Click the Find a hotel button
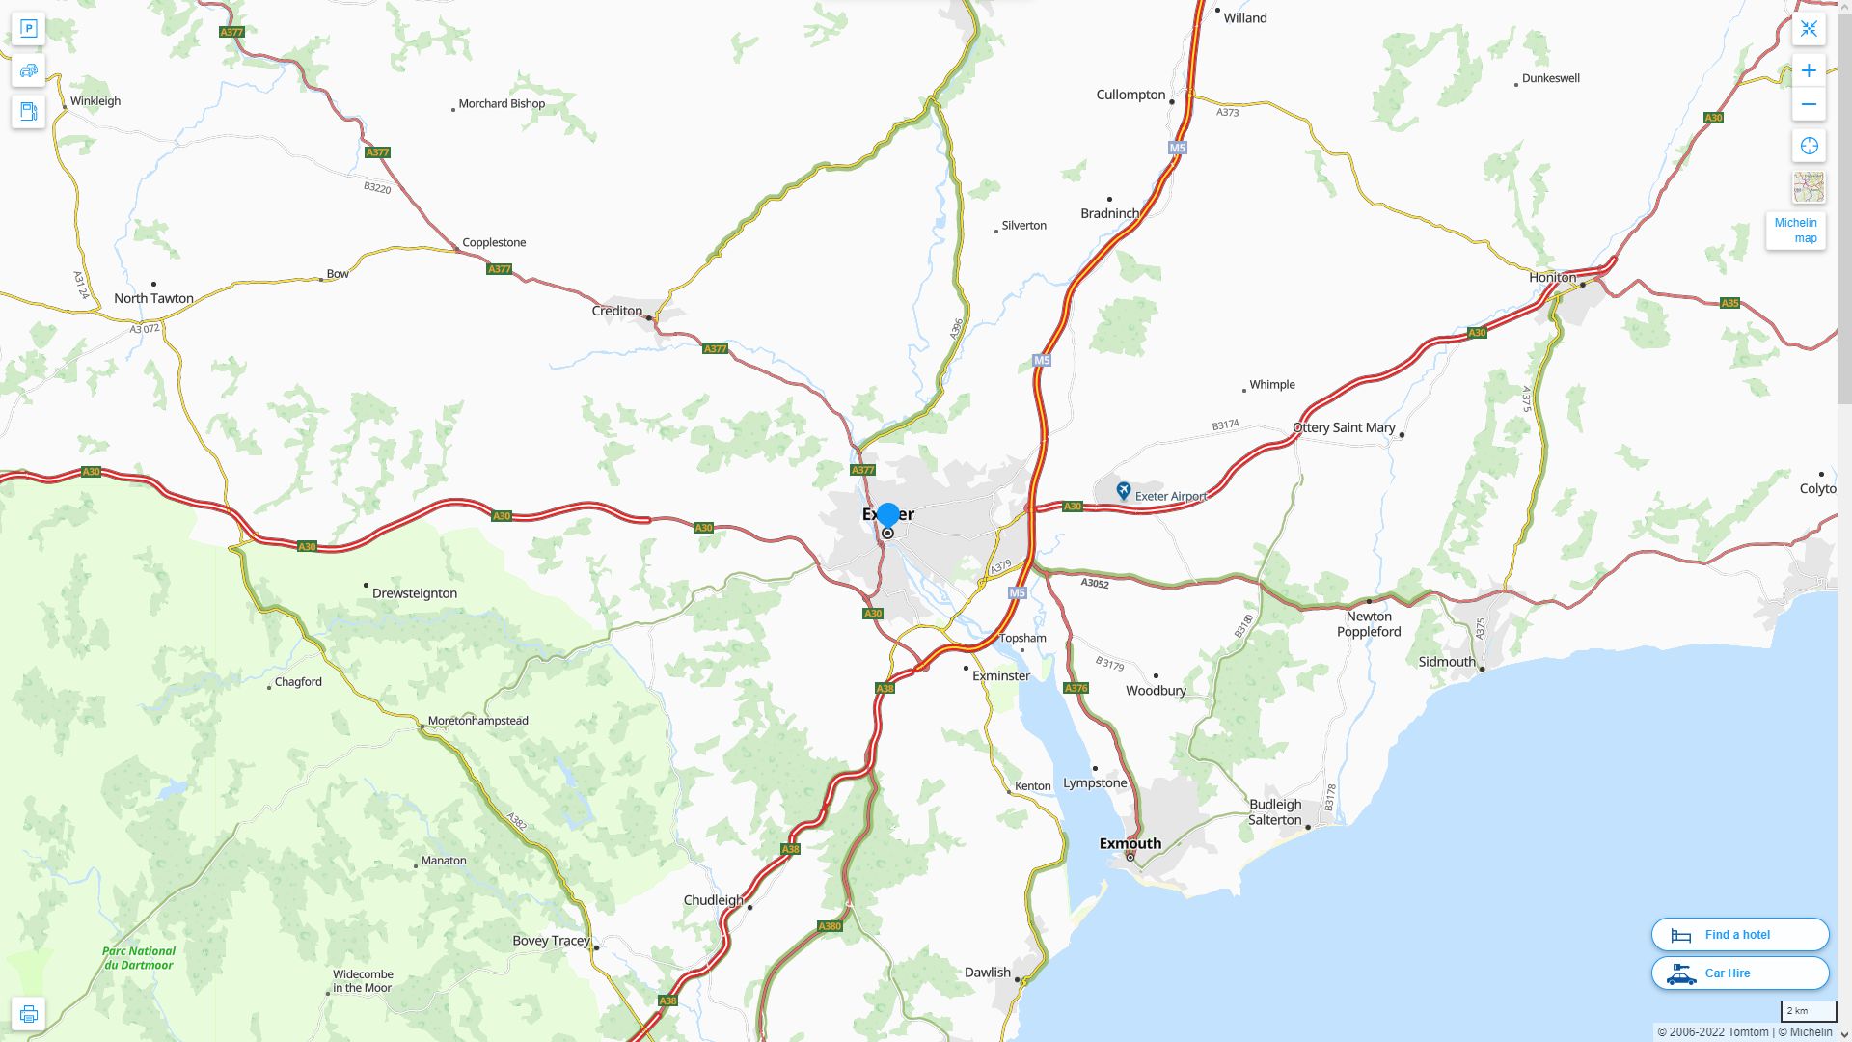pyautogui.click(x=1739, y=935)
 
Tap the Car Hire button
pyautogui.click(x=1739, y=973)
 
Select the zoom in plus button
pyautogui.click(x=1809, y=70)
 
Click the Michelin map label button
pyautogui.click(x=1795, y=231)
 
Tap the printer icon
pyautogui.click(x=28, y=1014)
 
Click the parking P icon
pyautogui.click(x=28, y=28)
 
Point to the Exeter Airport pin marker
pyautogui.click(x=1123, y=491)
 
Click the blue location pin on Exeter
pyautogui.click(x=888, y=515)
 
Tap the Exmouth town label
pyautogui.click(x=1130, y=843)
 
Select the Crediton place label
pyautogui.click(x=616, y=311)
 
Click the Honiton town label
pyautogui.click(x=1552, y=277)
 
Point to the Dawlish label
pyautogui.click(x=988, y=973)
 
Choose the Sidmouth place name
pyautogui.click(x=1447, y=662)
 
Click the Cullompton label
pyautogui.click(x=1130, y=95)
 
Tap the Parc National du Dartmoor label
pyautogui.click(x=139, y=958)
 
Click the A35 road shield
pyautogui.click(x=1729, y=303)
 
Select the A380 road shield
pyautogui.click(x=830, y=926)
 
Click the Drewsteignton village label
pyautogui.click(x=415, y=593)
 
